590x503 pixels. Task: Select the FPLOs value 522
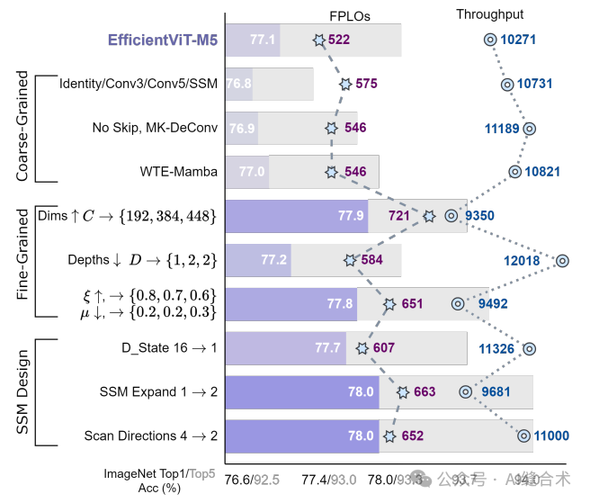(x=339, y=40)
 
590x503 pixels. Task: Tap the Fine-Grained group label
(x=23, y=260)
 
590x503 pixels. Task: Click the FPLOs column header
(x=349, y=16)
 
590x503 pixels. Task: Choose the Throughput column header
(x=489, y=14)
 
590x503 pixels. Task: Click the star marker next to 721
(x=429, y=216)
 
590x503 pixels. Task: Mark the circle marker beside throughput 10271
(x=490, y=40)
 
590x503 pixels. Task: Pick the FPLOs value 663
(x=424, y=391)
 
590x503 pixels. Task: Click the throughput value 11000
(x=551, y=436)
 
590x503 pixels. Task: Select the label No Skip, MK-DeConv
(x=155, y=128)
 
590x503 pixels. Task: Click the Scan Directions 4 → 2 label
(x=151, y=436)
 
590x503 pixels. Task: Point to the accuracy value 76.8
(x=237, y=84)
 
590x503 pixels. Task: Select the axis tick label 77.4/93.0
(x=328, y=479)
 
